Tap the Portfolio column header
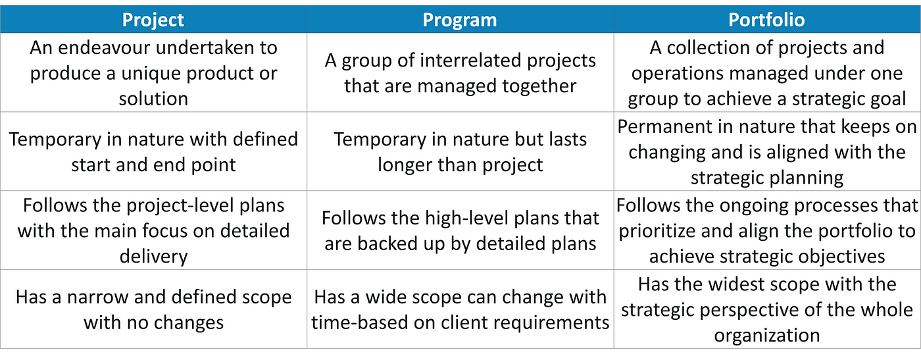766,20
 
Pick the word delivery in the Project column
153,257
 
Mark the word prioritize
657,231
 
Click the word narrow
97,297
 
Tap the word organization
767,336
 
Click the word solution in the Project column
153,99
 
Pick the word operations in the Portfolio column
677,74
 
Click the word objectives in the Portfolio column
841,257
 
